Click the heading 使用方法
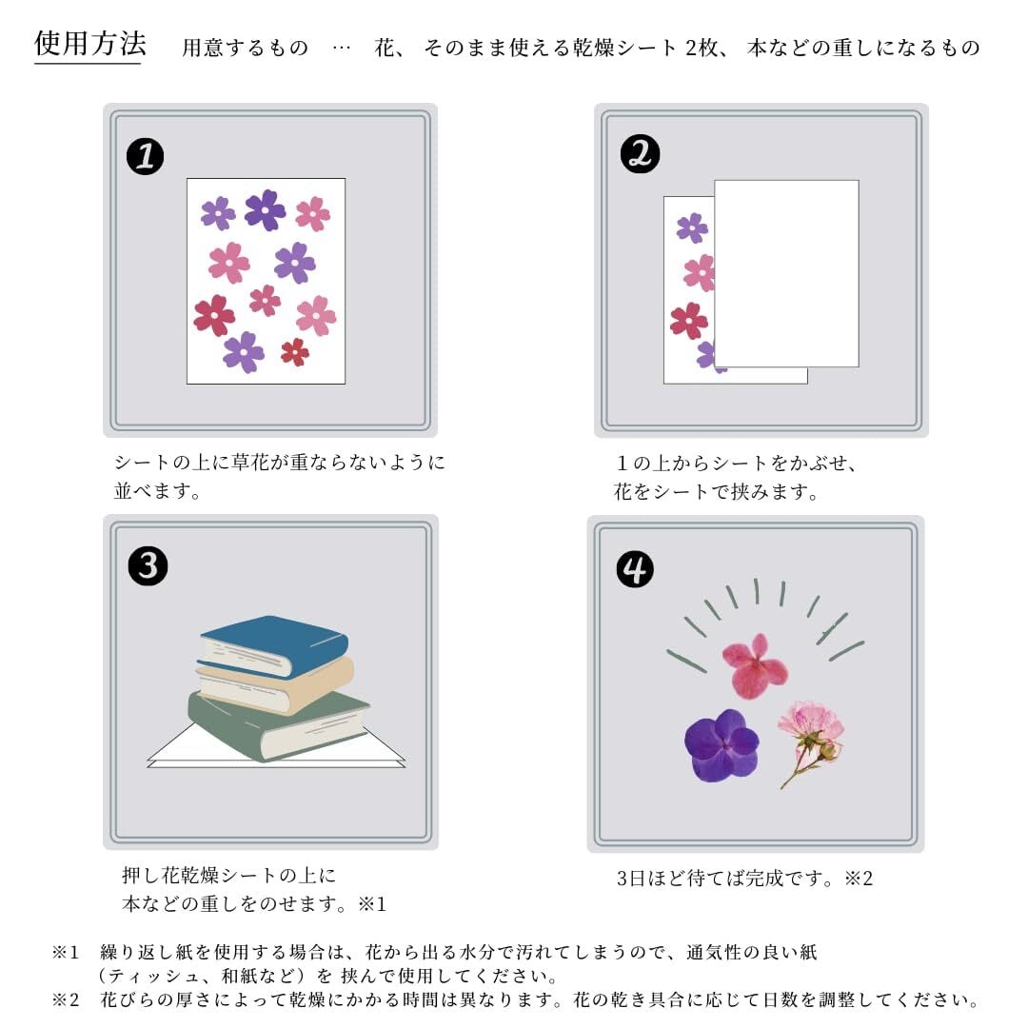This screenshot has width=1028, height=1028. (90, 44)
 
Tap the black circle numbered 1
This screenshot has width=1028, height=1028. (145, 156)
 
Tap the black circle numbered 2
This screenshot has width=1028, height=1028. (640, 154)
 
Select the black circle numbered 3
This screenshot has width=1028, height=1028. (148, 565)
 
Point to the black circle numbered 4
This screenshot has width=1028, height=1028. (635, 569)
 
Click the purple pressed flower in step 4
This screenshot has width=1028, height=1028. (722, 745)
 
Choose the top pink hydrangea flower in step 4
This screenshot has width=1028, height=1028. (755, 666)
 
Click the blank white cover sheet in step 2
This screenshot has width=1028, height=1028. (786, 273)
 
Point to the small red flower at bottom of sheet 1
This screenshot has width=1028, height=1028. (295, 352)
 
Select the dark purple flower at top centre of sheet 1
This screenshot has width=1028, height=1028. (265, 209)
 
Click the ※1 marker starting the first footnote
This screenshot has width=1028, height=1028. (66, 952)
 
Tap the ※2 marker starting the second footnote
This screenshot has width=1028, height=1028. (66, 999)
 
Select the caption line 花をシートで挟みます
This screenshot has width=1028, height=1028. (716, 491)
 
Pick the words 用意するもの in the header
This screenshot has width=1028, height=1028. (246, 48)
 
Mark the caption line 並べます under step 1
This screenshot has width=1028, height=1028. (157, 490)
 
